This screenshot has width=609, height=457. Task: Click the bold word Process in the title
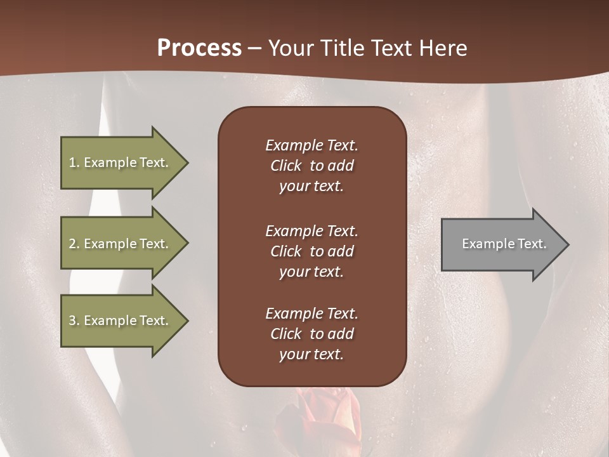point(199,48)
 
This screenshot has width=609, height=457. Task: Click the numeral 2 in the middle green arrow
point(72,244)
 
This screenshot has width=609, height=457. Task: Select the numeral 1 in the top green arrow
point(72,162)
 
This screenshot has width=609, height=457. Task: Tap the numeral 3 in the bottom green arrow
point(72,321)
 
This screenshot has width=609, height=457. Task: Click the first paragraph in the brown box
point(311,166)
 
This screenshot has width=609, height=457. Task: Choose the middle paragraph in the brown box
point(311,251)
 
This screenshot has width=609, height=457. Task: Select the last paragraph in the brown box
point(311,334)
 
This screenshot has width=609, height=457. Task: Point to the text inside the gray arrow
point(504,244)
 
